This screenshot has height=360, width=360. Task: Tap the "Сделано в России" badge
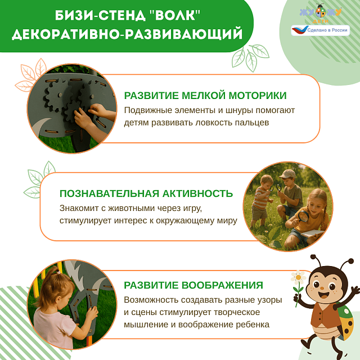319,30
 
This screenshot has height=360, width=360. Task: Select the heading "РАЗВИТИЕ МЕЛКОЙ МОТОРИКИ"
205,96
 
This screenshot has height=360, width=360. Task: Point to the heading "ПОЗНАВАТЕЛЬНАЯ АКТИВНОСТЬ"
146,193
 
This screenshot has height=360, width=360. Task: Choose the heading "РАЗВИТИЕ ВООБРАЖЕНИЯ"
193,285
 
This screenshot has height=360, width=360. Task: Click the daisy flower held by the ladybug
298,277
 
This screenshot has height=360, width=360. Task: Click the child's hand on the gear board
87,118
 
